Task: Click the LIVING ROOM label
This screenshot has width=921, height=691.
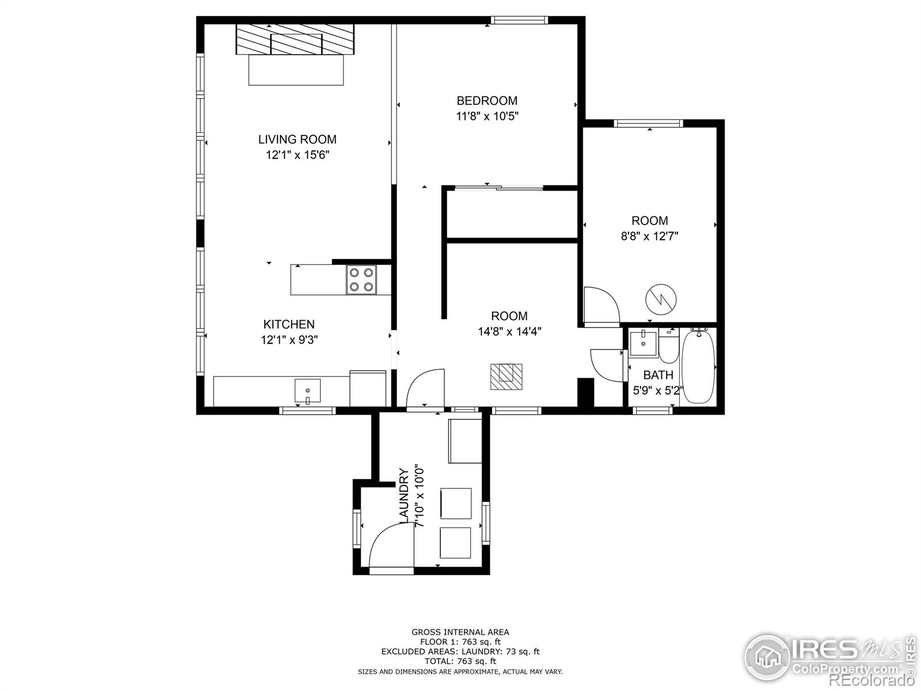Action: point(297,139)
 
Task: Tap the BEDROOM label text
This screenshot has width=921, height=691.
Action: point(487,101)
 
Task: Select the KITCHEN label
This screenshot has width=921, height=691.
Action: point(289,324)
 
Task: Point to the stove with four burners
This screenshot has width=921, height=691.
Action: point(361,279)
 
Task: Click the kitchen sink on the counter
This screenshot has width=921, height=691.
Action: point(307,390)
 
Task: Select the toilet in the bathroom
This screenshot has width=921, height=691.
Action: point(668,345)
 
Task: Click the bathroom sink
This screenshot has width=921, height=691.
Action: point(643,343)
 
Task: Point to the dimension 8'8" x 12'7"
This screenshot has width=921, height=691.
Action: point(649,236)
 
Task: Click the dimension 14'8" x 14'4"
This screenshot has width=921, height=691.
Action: point(509,332)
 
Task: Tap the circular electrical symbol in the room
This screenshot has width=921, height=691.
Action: point(661,299)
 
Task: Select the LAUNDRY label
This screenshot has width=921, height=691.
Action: point(404,496)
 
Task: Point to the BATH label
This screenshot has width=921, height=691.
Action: point(658,375)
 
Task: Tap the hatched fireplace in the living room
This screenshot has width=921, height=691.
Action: point(295,39)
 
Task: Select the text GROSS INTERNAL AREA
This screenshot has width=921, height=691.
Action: point(461,632)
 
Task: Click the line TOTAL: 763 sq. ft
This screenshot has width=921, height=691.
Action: point(461,661)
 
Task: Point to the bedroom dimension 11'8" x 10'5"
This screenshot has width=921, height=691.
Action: point(487,116)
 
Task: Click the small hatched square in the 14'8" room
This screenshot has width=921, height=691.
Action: point(507,377)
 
